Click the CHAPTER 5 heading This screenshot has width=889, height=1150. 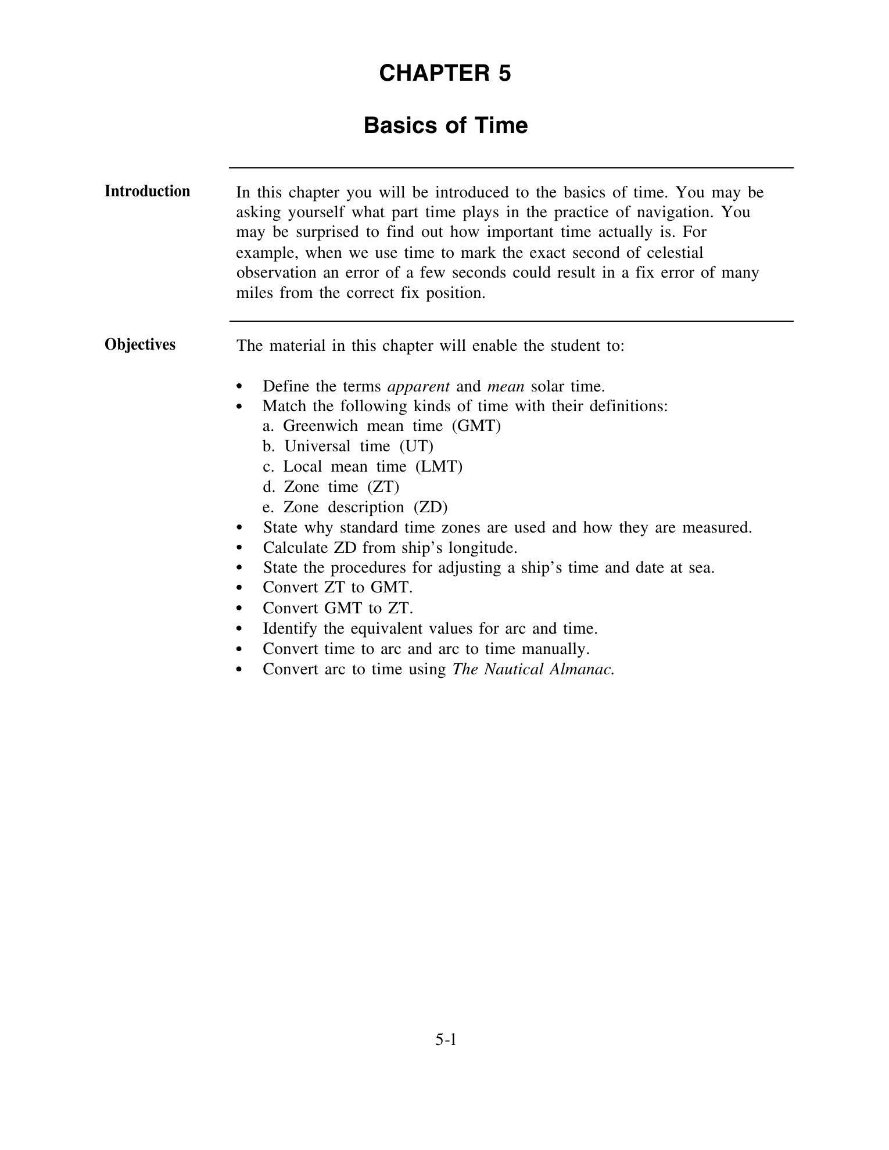click(x=445, y=73)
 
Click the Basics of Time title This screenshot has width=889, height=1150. click(x=445, y=125)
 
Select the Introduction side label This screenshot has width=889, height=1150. click(x=147, y=191)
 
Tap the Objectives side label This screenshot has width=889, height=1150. click(x=139, y=344)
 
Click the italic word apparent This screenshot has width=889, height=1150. click(x=418, y=386)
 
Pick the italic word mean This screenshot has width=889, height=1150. click(x=506, y=386)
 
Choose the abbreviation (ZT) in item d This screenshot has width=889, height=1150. click(x=383, y=487)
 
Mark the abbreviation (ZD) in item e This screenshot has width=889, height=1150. click(x=431, y=507)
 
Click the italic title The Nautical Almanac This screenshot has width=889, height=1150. click(x=533, y=669)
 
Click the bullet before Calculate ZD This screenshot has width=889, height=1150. click(x=240, y=548)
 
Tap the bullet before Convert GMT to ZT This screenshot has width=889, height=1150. click(x=240, y=609)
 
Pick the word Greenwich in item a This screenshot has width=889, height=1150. click(x=320, y=426)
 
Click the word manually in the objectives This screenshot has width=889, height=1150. click(x=558, y=649)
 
